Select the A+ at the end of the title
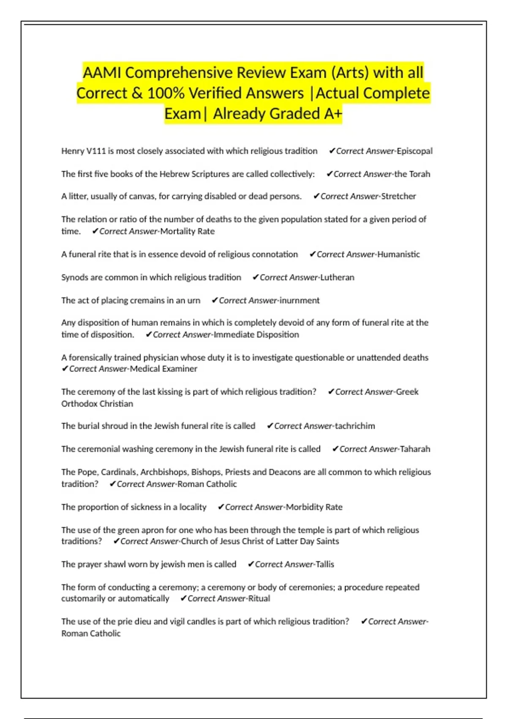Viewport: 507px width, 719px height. pos(333,113)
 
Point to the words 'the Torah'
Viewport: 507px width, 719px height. pos(412,174)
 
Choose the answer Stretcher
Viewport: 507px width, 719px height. pos(398,196)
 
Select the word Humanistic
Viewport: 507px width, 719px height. pos(398,254)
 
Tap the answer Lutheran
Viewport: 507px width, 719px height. pos(337,277)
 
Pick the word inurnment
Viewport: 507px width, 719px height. pos(300,300)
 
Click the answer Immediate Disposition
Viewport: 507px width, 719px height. pos(256,335)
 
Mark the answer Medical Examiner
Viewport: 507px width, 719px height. pos(164,369)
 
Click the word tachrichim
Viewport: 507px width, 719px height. pos(355,426)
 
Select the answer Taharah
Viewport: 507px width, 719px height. pos(415,449)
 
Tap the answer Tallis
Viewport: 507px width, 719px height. pos(325,564)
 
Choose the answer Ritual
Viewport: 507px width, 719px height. pos(259,598)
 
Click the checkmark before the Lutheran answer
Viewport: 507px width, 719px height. pos(255,277)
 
